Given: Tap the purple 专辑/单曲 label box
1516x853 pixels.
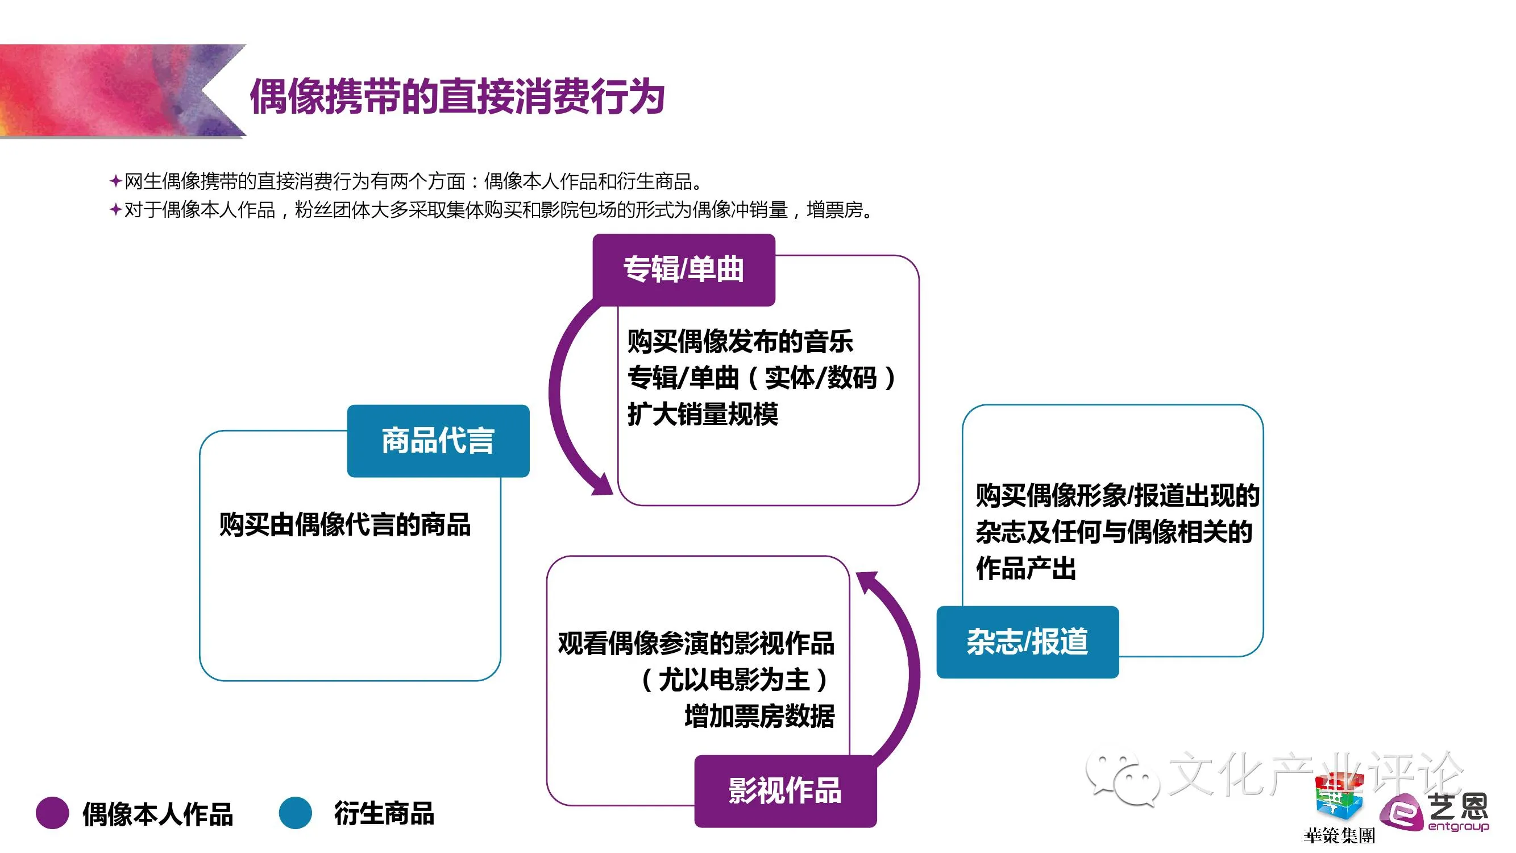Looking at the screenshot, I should click(683, 270).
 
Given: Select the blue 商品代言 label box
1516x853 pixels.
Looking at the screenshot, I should click(438, 441).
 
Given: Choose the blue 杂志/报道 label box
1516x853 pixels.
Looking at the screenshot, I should click(1027, 641).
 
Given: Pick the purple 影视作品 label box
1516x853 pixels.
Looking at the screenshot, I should click(785, 790).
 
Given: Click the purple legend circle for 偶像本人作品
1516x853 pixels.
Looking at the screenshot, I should click(52, 813).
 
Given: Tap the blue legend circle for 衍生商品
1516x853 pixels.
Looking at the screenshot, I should click(295, 813).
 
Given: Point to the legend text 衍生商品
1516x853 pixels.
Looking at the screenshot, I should click(384, 814).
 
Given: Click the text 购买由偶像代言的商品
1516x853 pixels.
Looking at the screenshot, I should click(345, 524).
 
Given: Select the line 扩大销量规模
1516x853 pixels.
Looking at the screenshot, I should click(703, 414).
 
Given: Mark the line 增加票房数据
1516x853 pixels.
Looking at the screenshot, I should click(759, 717).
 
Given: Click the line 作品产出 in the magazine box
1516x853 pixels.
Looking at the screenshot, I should click(1026, 568).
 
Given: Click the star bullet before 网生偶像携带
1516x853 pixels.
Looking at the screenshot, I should click(115, 181).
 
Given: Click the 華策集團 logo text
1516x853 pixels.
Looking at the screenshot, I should click(1339, 835).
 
